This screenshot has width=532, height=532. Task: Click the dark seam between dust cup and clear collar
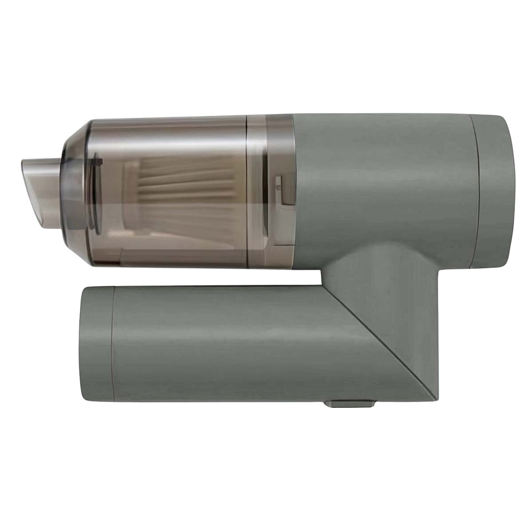[x=246, y=191]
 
